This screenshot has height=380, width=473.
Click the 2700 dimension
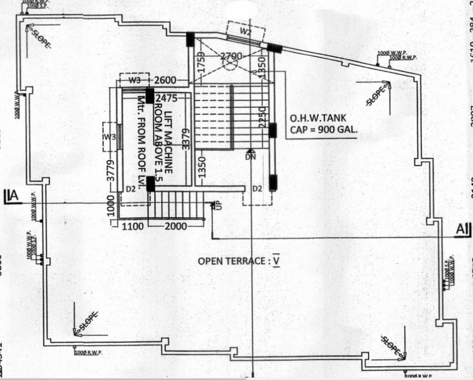point(231,56)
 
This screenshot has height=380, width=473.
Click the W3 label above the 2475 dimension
point(134,80)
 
